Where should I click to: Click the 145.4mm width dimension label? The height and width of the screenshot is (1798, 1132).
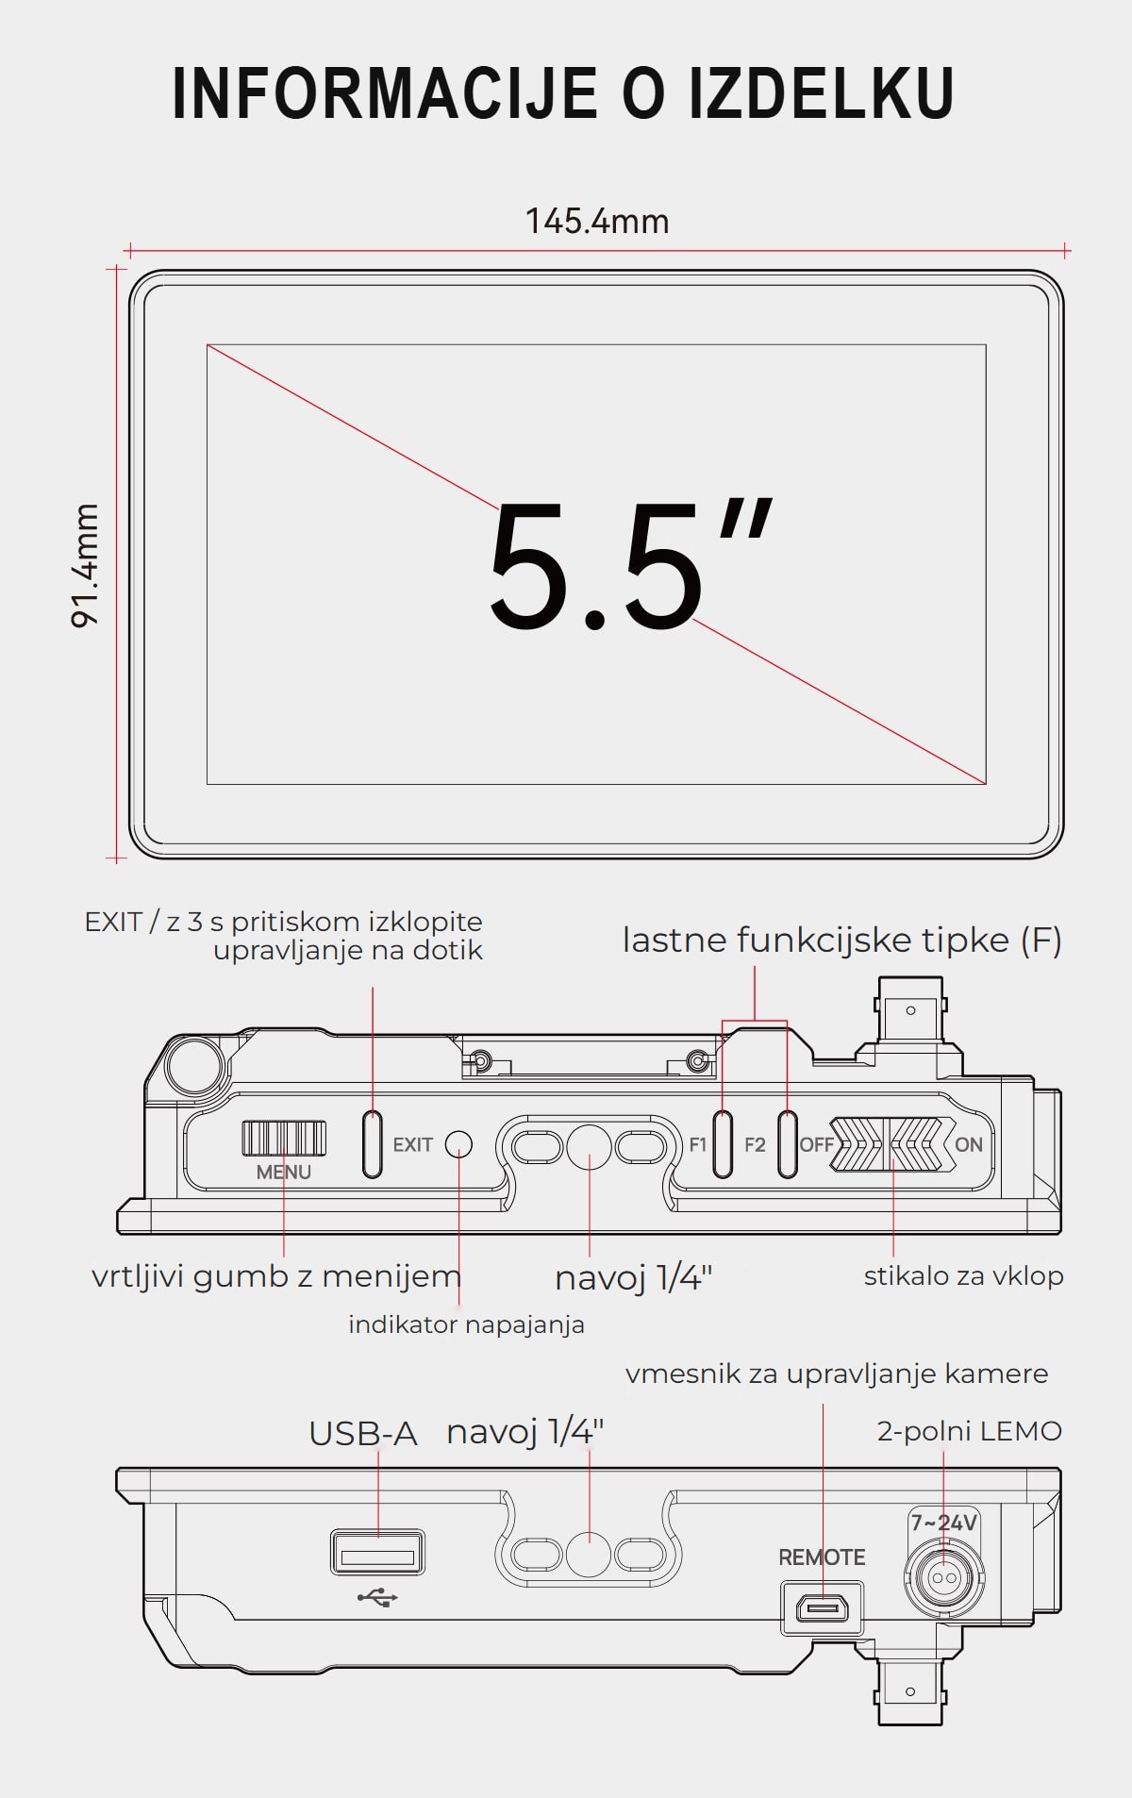[597, 222]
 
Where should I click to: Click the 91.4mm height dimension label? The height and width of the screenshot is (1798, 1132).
[85, 565]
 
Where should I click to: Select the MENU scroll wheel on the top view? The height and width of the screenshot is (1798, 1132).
[284, 1138]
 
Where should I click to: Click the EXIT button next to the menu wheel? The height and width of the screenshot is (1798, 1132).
[373, 1144]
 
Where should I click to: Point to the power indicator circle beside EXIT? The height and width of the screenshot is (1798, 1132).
[458, 1144]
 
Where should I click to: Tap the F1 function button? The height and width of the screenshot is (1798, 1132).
[723, 1144]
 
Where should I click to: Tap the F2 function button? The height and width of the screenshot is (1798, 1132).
[787, 1144]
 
